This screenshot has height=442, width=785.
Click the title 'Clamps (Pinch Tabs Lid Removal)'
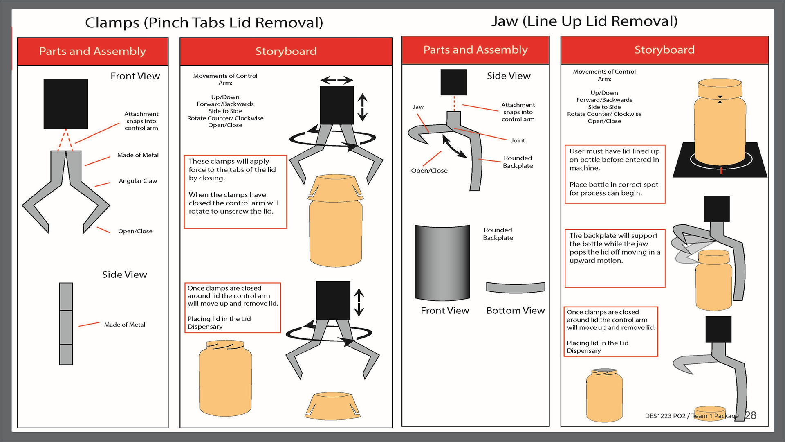tap(204, 23)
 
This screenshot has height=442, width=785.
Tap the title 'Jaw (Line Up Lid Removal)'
tap(584, 21)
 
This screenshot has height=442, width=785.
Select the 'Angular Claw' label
tap(138, 181)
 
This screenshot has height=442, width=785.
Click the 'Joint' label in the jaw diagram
tap(518, 140)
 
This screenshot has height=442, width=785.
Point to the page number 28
tap(750, 415)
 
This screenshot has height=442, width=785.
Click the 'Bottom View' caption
tap(515, 311)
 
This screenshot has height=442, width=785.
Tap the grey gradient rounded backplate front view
tap(442, 262)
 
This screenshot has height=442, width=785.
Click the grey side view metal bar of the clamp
tap(66, 323)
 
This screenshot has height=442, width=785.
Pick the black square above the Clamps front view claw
tap(66, 104)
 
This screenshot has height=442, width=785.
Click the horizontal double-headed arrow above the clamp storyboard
tap(336, 80)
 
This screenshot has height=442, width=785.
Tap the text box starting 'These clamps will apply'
tap(235, 192)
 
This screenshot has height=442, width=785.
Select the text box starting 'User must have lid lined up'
tap(615, 174)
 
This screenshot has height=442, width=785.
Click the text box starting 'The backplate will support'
tap(615, 258)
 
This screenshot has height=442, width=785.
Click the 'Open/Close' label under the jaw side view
tap(429, 171)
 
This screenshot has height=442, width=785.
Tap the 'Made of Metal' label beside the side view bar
tap(124, 325)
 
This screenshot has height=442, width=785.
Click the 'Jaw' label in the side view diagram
tap(418, 107)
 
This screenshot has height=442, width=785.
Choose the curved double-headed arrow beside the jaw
tap(455, 147)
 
